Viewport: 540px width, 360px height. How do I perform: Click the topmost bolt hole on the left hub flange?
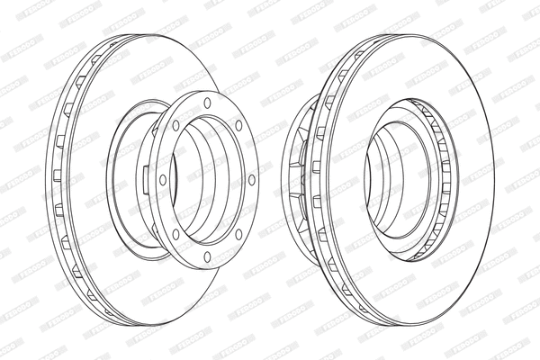pyautogui.click(x=207, y=102)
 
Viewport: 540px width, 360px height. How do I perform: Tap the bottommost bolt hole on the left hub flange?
pyautogui.click(x=207, y=256)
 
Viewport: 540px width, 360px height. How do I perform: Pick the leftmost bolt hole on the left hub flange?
pyautogui.click(x=162, y=179)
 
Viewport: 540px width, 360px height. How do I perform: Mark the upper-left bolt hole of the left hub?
pyautogui.click(x=175, y=125)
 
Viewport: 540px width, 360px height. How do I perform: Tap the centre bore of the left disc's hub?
pyautogui.click(x=205, y=179)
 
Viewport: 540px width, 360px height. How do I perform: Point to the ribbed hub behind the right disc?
pyautogui.click(x=301, y=180)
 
